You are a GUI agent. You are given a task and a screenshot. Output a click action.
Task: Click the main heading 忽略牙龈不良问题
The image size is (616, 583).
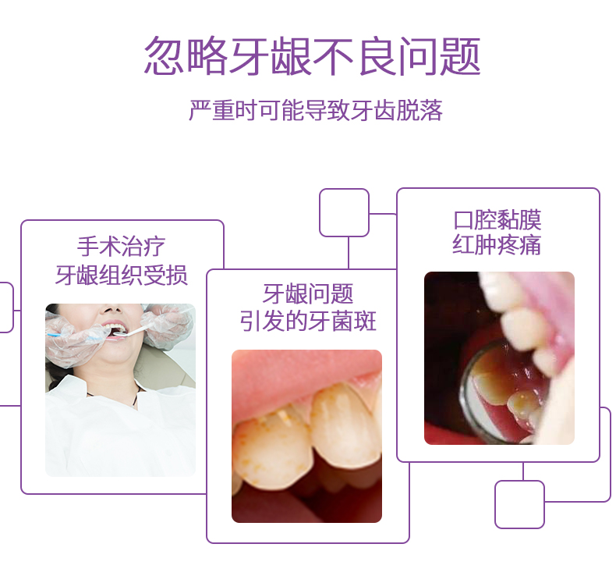point(313,55)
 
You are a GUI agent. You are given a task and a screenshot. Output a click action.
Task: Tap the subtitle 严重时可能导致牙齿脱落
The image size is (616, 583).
point(316,111)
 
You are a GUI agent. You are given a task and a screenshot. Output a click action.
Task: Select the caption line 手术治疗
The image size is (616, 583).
point(122,247)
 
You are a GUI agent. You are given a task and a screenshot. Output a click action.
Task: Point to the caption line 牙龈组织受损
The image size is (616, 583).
point(122,275)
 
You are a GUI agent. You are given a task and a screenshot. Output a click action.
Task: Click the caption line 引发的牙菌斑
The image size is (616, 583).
point(308,322)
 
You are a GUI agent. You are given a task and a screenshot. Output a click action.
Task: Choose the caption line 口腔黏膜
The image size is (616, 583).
point(497,220)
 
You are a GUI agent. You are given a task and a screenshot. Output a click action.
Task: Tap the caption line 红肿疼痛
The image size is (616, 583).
point(497,244)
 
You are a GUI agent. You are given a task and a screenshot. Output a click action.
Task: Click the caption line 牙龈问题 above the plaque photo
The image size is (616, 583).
point(308,293)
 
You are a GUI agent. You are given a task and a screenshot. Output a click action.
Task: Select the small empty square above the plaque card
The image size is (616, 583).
point(344,213)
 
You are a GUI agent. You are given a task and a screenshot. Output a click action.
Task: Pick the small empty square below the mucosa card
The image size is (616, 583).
point(519,504)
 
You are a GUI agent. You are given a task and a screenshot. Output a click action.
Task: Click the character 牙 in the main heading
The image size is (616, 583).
point(250,56)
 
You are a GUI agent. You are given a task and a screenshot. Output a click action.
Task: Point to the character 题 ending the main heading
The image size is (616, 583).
point(460,56)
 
